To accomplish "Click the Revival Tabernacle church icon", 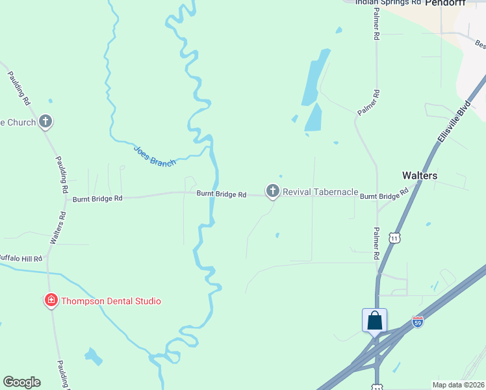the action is [272, 191].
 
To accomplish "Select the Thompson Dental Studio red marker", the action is [51, 300].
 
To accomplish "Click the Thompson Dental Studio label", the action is [110, 301].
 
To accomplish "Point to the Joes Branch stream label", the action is [155, 155].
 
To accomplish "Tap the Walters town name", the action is [420, 175].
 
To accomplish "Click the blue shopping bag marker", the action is [374, 320].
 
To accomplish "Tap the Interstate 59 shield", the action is [418, 322].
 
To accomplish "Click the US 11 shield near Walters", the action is [394, 238].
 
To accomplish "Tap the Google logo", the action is [21, 382].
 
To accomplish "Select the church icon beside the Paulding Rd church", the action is [45, 121].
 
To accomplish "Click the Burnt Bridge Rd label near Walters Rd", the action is [97, 198].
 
